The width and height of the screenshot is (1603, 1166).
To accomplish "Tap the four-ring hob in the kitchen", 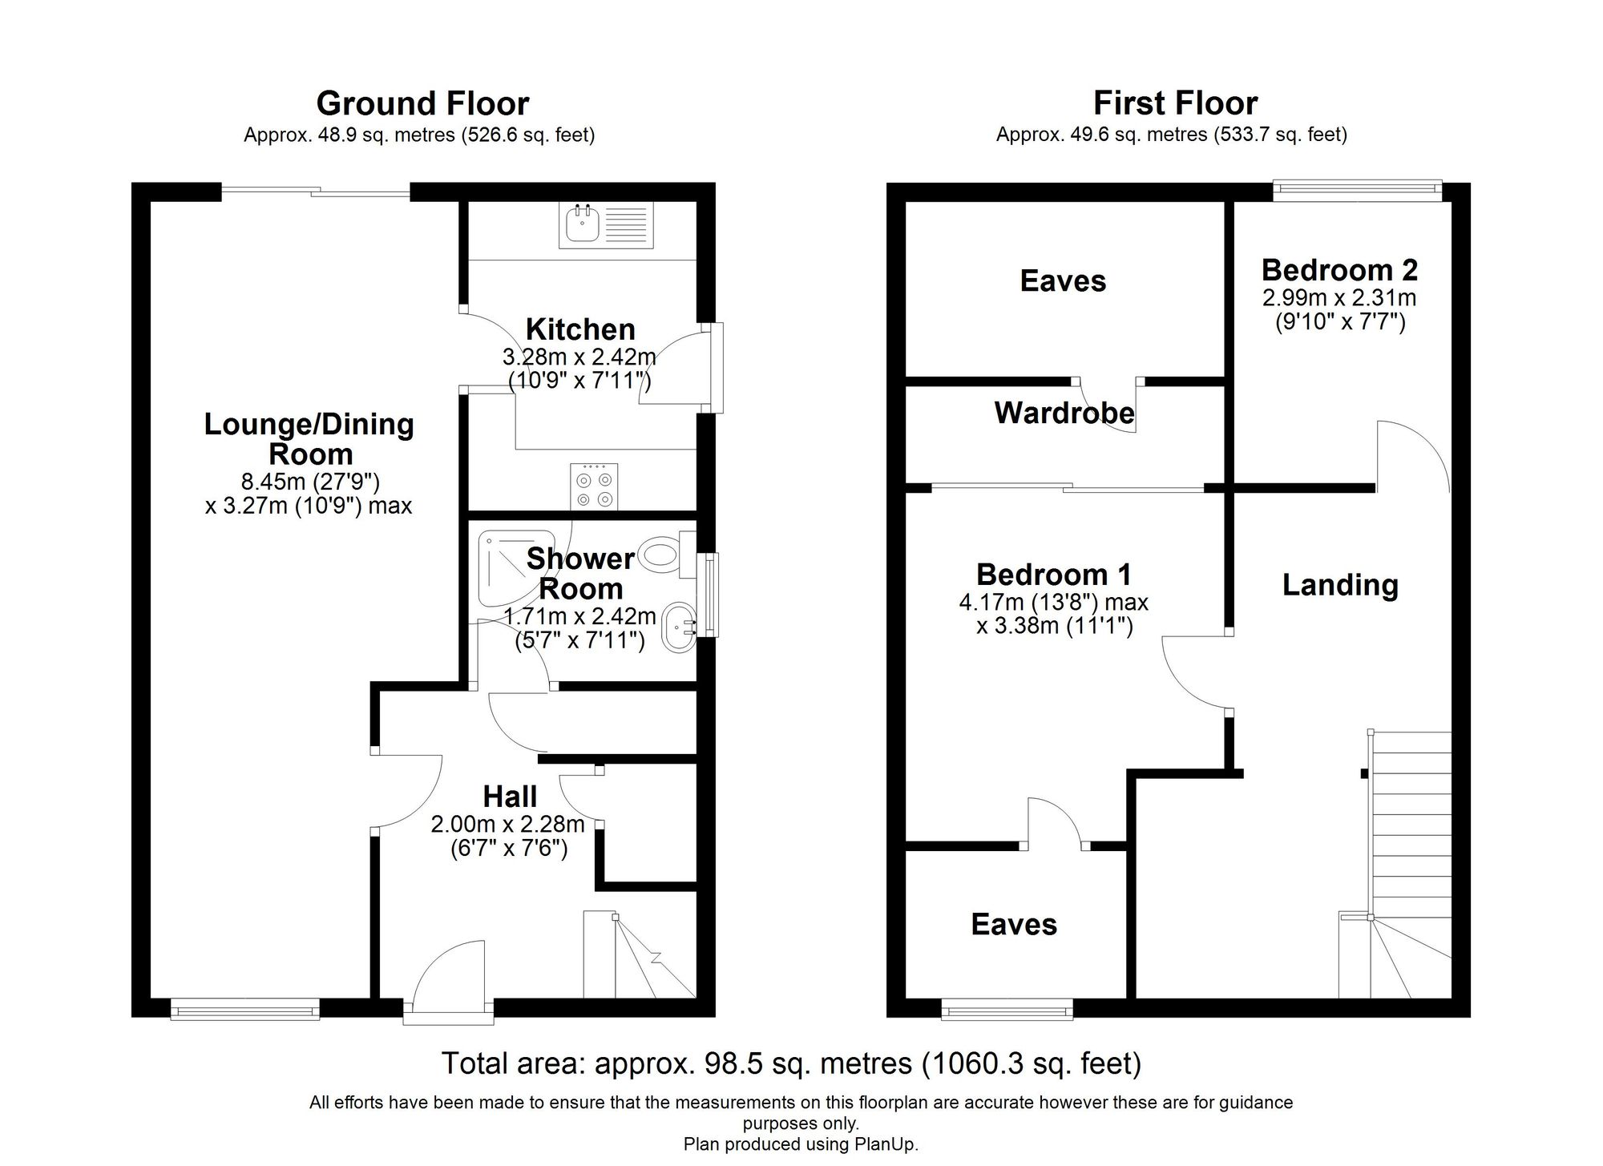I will [594, 486].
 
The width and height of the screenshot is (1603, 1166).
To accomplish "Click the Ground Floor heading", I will [422, 104].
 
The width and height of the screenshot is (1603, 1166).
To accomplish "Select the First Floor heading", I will [1175, 104].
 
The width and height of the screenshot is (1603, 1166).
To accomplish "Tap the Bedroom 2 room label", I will [1339, 270].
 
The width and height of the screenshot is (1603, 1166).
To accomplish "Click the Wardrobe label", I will [1064, 413].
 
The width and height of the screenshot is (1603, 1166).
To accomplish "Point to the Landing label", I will [1340, 585].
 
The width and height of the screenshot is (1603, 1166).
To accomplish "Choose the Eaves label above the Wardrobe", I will [1063, 281].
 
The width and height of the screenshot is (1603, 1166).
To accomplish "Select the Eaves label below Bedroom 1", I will [1014, 925].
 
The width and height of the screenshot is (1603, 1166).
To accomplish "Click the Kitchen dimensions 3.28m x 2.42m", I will [579, 357].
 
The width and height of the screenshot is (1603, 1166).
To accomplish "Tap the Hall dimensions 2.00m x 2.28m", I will [508, 824].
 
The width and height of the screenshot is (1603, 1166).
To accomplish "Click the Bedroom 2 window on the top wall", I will [1357, 190].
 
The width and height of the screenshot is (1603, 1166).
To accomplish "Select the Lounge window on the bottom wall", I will [245, 1009].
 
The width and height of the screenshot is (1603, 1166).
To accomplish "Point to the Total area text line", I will [791, 1064].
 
